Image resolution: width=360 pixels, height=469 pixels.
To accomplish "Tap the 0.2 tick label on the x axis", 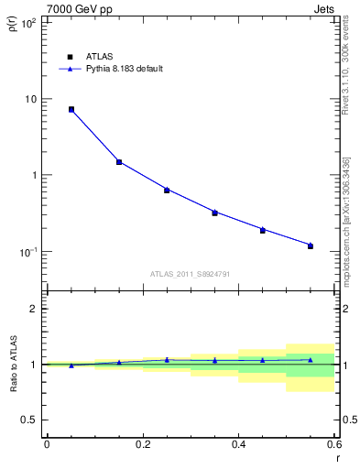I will click(x=142, y=443).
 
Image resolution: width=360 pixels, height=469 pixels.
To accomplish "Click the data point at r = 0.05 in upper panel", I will click(x=71, y=109).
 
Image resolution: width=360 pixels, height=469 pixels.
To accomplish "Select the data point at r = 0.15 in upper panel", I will click(x=119, y=162).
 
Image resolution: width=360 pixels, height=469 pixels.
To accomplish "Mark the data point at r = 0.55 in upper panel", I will click(x=311, y=245).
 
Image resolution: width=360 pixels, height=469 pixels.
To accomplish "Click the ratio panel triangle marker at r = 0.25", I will click(x=167, y=360).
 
